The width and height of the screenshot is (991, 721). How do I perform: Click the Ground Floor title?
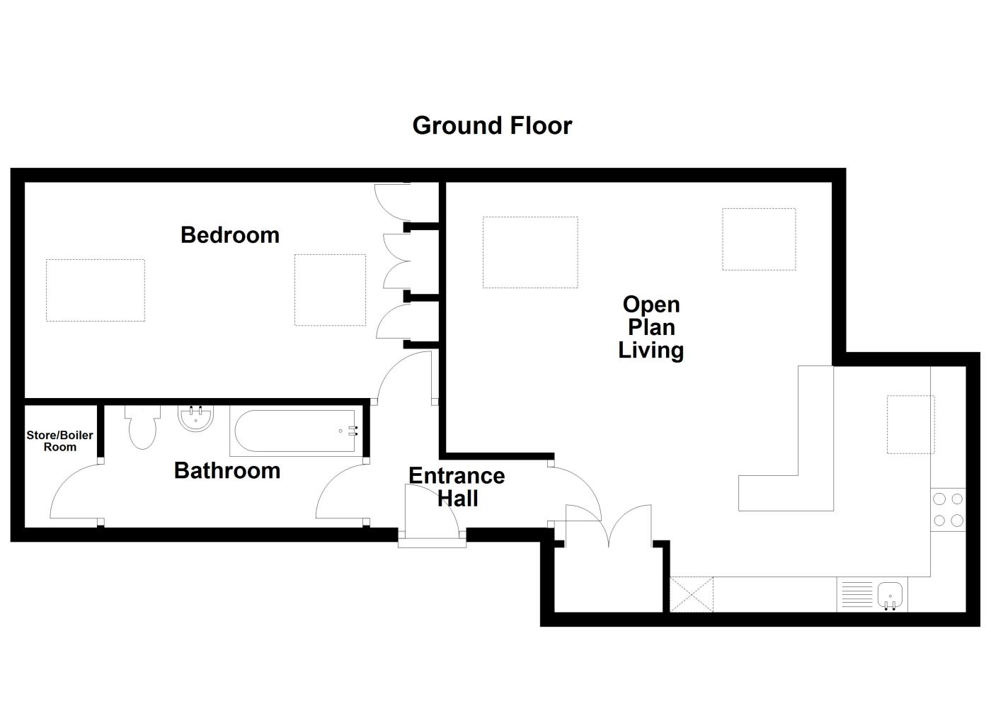pyautogui.click(x=492, y=125)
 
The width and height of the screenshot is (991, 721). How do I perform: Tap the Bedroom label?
pyautogui.click(x=230, y=234)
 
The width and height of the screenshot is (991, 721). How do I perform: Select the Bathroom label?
pyautogui.click(x=227, y=470)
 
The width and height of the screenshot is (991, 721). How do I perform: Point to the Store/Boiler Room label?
pyautogui.click(x=59, y=441)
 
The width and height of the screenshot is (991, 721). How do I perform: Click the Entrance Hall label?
pyautogui.click(x=457, y=487)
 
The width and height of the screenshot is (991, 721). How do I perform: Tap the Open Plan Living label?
pyautogui.click(x=651, y=327)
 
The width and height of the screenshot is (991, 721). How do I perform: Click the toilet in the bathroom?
pyautogui.click(x=142, y=428)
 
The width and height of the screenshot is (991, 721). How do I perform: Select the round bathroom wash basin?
pyautogui.click(x=195, y=419)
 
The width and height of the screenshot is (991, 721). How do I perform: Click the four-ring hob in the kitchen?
pyautogui.click(x=948, y=509)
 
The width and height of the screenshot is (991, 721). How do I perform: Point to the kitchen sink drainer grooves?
pyautogui.click(x=857, y=594)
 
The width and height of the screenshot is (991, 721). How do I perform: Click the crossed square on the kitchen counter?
pyautogui.click(x=692, y=594)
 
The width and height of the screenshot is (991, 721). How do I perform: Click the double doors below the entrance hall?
pyautogui.click(x=608, y=527)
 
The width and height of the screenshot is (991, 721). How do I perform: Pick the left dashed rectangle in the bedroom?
pyautogui.click(x=96, y=290)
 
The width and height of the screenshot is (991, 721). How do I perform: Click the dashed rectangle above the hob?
pyautogui.click(x=910, y=424)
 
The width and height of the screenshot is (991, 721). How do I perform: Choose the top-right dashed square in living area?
pyautogui.click(x=759, y=239)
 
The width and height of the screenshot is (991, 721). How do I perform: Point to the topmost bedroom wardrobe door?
pyautogui.click(x=389, y=201)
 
